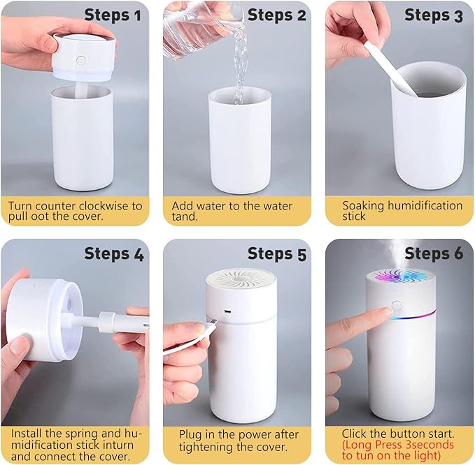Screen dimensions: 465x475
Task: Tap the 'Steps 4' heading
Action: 115,253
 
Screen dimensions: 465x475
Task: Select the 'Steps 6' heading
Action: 434,253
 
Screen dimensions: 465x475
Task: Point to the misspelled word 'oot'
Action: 41,217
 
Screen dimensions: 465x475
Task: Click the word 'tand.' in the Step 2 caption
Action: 185,217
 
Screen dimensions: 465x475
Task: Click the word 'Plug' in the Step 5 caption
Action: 191,434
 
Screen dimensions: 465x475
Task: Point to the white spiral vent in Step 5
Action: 241,277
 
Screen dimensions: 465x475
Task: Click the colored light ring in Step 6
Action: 420,314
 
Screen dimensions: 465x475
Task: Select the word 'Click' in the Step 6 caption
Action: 355,434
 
